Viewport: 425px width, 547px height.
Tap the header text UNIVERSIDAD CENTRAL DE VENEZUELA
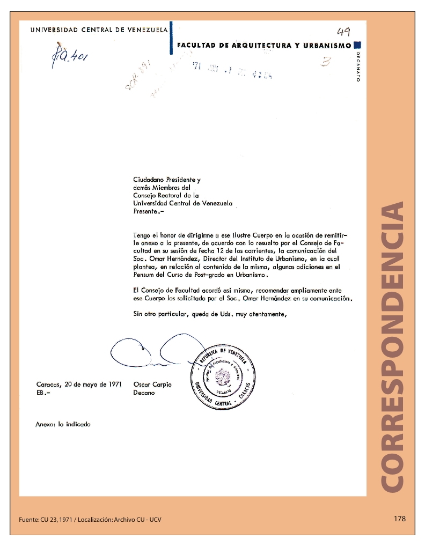click(99, 29)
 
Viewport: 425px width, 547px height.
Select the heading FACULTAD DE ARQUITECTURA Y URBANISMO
click(264, 46)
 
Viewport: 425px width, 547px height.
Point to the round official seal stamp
click(220, 379)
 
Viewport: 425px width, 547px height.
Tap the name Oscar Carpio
click(152, 385)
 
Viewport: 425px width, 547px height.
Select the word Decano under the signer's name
click(144, 393)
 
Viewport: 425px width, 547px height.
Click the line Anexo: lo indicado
click(63, 424)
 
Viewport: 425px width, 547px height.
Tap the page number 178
click(399, 519)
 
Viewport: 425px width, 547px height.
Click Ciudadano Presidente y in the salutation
click(167, 180)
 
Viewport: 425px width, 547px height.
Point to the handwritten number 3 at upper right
click(324, 63)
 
